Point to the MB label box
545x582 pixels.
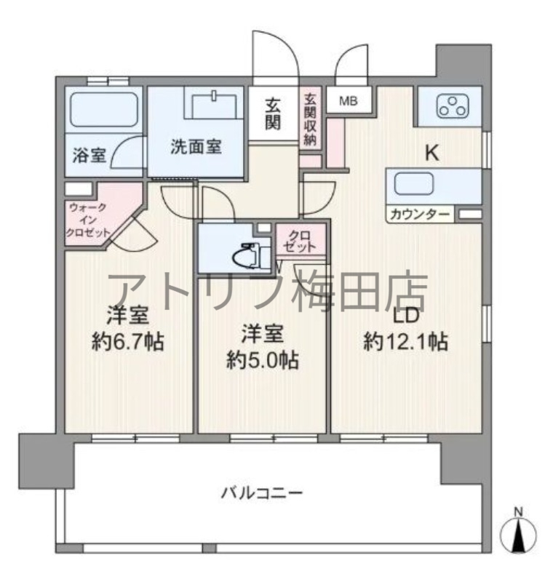(347, 100)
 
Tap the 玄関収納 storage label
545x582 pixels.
(311, 118)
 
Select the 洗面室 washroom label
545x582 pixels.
(196, 146)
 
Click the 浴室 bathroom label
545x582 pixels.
(89, 155)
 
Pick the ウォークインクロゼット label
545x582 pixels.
(89, 220)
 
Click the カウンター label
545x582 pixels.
(419, 215)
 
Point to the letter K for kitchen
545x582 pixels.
(431, 154)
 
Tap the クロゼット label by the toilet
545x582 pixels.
(301, 241)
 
